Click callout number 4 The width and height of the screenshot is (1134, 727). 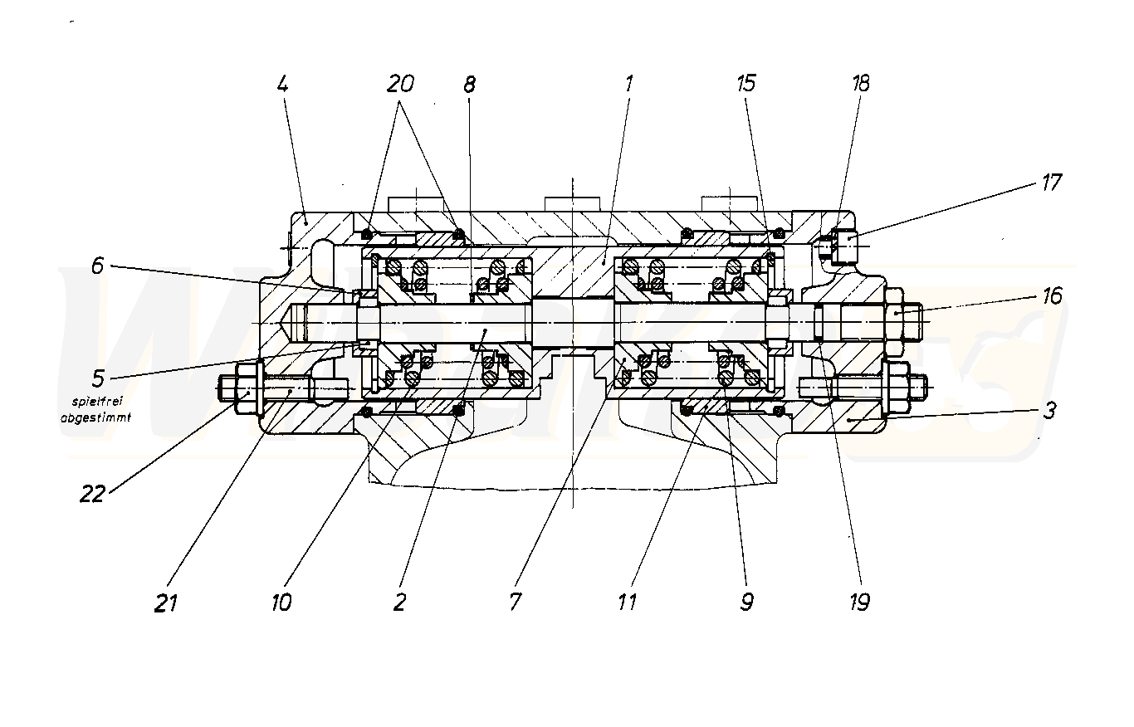point(282,85)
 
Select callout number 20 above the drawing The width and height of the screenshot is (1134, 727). point(400,84)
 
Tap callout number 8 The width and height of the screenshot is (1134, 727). point(469,85)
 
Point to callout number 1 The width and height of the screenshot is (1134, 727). point(628,84)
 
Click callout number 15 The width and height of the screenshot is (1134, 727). point(746,84)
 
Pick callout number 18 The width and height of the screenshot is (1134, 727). point(861,84)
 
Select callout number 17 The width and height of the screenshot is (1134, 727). point(1051,183)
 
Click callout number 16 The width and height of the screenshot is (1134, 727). point(1052,296)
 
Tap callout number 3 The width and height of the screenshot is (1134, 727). point(1049,411)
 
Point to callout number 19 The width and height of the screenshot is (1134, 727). point(859,602)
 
